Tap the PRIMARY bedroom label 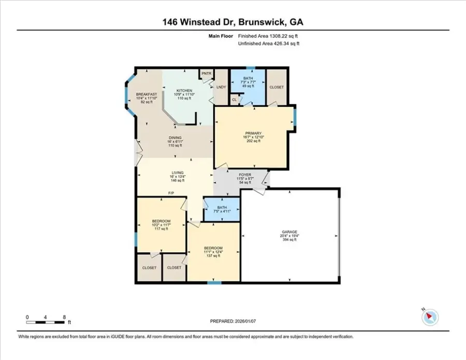[251, 133]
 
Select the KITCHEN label [184, 90]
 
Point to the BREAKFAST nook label [147, 94]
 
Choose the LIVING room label [178, 173]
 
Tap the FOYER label [245, 175]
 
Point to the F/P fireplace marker [170, 194]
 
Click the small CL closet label [234, 99]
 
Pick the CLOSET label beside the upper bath [277, 88]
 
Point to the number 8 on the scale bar [63, 316]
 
